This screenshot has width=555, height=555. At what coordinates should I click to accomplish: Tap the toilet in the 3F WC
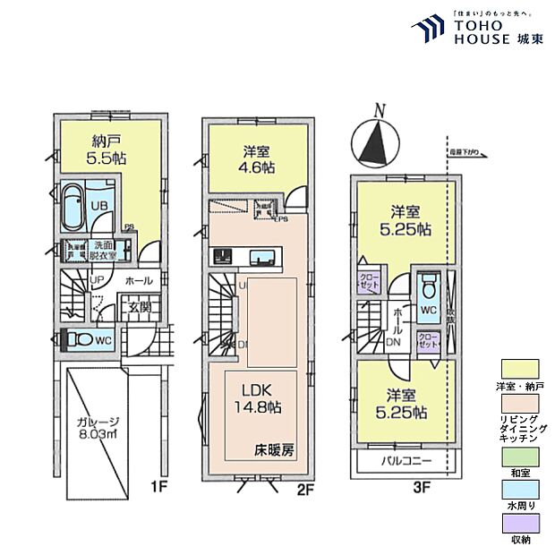(x=428, y=289)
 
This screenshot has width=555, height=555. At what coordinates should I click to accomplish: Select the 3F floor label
(x=422, y=490)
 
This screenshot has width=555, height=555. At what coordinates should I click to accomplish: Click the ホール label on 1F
(x=138, y=280)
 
